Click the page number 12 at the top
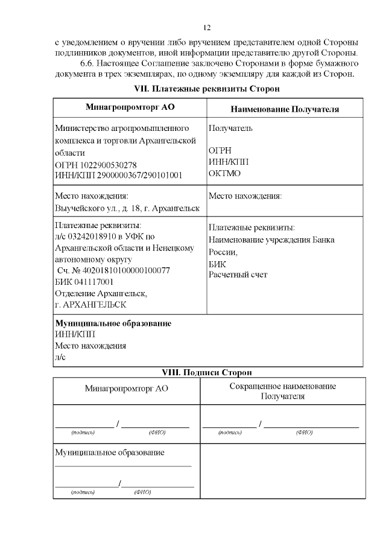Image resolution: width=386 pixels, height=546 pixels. (x=207, y=28)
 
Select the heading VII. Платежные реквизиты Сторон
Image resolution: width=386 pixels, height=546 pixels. (x=208, y=89)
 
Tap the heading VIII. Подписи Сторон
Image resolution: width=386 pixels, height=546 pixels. (x=208, y=372)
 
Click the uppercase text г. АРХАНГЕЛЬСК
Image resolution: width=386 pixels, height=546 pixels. (x=88, y=305)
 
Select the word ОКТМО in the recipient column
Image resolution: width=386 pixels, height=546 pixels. (x=225, y=173)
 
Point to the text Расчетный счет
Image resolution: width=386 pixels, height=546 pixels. (x=238, y=275)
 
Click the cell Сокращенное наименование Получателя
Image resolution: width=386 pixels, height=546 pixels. (x=282, y=391)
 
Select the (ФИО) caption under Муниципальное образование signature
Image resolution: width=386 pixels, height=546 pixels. (x=143, y=492)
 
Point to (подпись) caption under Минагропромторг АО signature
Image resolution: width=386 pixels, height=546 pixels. (x=83, y=433)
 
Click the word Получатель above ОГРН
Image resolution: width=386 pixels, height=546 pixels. (x=230, y=129)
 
